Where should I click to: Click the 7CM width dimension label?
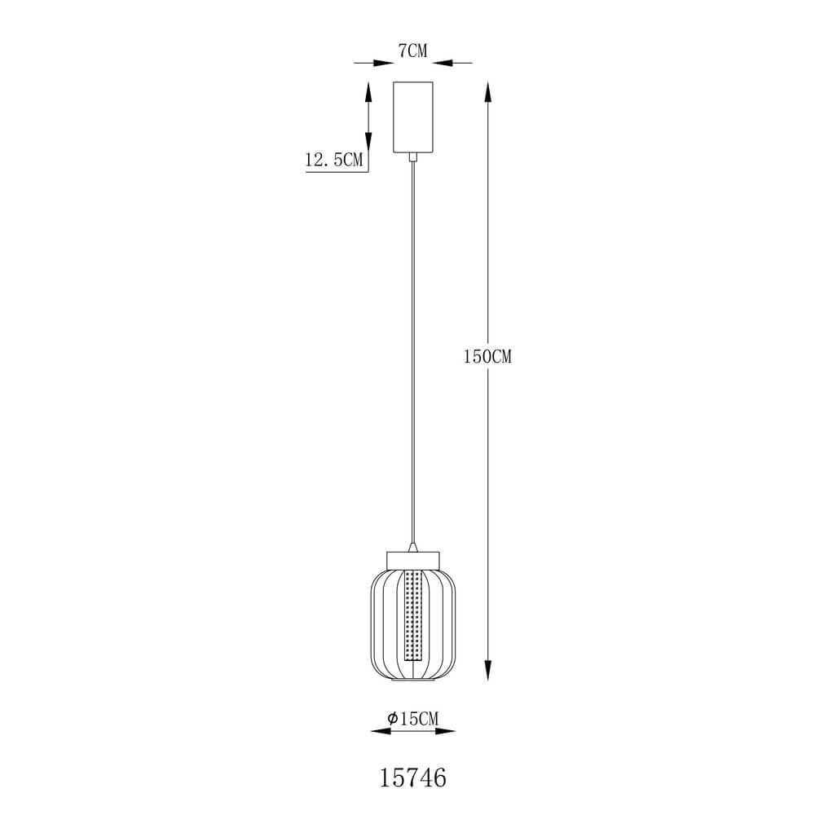412,51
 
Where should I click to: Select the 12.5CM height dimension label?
333,161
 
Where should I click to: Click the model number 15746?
414,778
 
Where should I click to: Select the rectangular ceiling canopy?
415,117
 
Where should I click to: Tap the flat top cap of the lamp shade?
415,559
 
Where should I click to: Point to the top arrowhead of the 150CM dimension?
488,90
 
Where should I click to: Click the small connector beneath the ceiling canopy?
415,157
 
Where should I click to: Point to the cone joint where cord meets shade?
415,545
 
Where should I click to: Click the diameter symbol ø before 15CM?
392,718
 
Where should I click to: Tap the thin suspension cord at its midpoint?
415,350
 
